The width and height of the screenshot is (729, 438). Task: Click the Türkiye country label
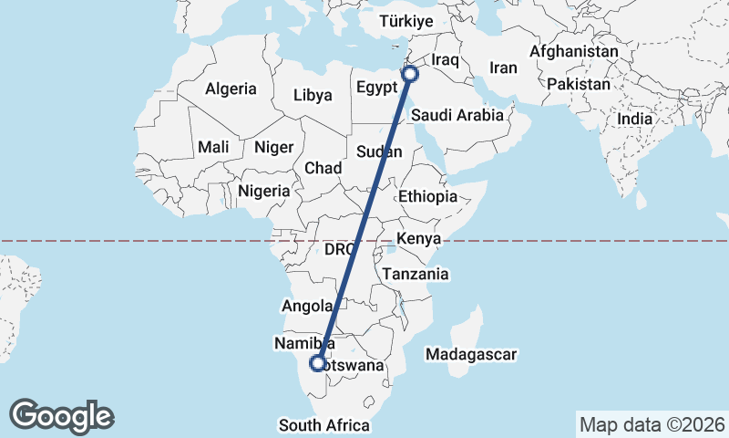tap(406, 21)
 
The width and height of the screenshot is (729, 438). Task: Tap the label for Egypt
tap(377, 89)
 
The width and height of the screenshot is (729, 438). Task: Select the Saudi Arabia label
tap(457, 115)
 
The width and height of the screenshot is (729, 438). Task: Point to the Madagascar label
tap(471, 354)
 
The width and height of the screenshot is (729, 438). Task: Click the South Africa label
tap(324, 425)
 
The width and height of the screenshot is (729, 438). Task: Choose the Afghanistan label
tap(573, 52)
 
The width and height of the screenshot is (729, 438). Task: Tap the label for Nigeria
tap(263, 192)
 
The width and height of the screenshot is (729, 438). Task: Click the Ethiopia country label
tap(427, 196)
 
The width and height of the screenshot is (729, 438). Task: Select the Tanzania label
tap(416, 274)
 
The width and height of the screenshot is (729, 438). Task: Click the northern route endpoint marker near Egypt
tap(410, 74)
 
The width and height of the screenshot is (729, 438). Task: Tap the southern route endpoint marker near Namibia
tap(317, 363)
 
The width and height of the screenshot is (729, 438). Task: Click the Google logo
tap(62, 416)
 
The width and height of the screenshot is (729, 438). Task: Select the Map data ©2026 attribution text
tap(652, 424)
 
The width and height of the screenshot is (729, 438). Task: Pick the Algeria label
tap(231, 89)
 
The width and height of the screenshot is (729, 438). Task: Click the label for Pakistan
tap(579, 84)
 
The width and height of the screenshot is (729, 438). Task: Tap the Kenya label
tap(418, 238)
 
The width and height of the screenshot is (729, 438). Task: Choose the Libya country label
tap(313, 94)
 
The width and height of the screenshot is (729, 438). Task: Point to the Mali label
tap(213, 147)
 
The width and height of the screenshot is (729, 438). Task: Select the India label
tap(634, 119)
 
